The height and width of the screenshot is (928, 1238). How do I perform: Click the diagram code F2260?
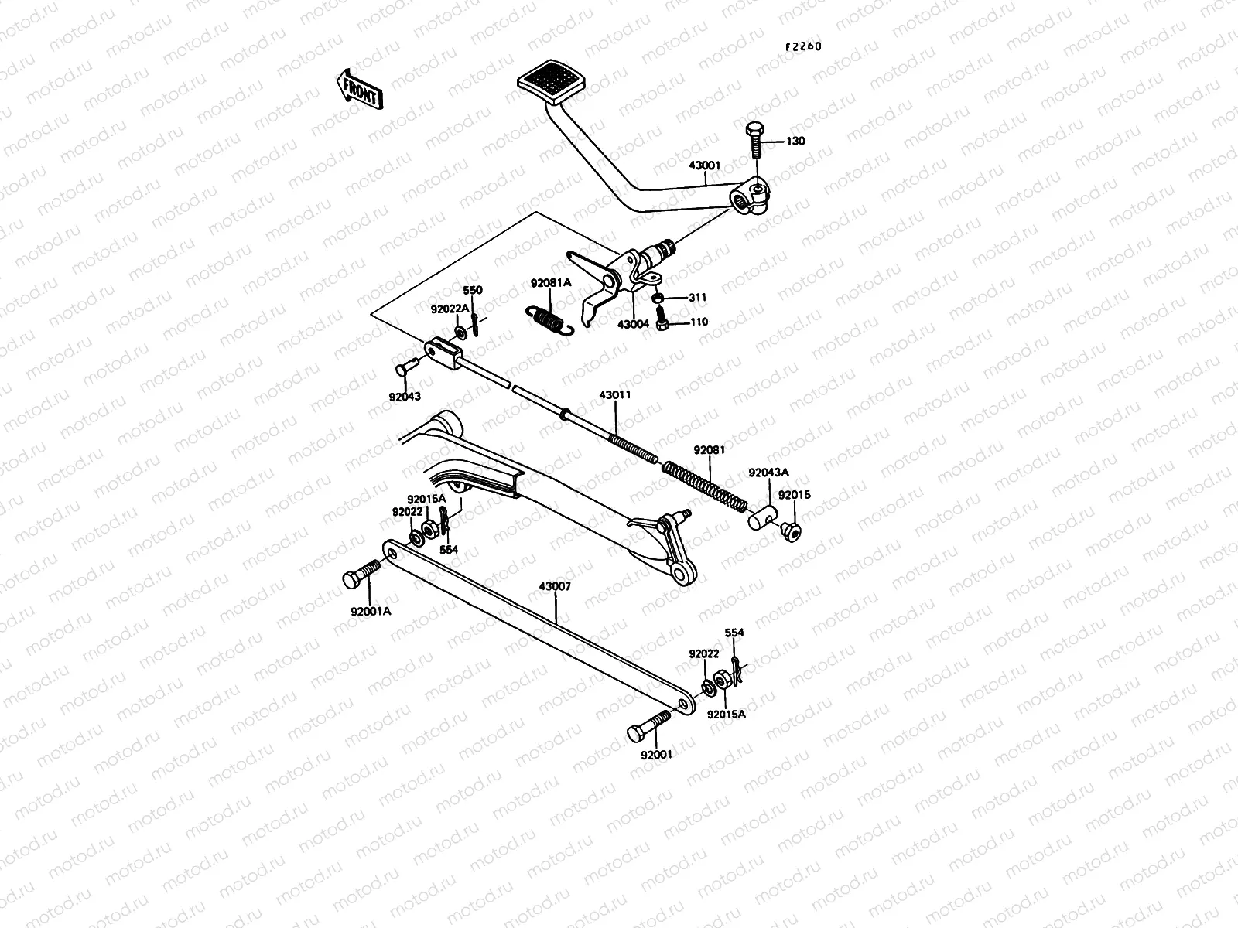tap(803, 46)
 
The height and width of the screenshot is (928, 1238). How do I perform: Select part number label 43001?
tap(705, 165)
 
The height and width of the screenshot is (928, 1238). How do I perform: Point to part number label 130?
tap(795, 142)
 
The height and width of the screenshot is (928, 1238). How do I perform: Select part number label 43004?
tap(633, 325)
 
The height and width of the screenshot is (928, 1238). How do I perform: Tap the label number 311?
tap(697, 298)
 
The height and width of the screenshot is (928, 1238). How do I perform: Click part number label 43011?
tap(614, 394)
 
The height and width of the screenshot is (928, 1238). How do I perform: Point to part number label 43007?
tap(555, 586)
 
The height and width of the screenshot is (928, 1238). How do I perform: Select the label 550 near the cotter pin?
tap(472, 291)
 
